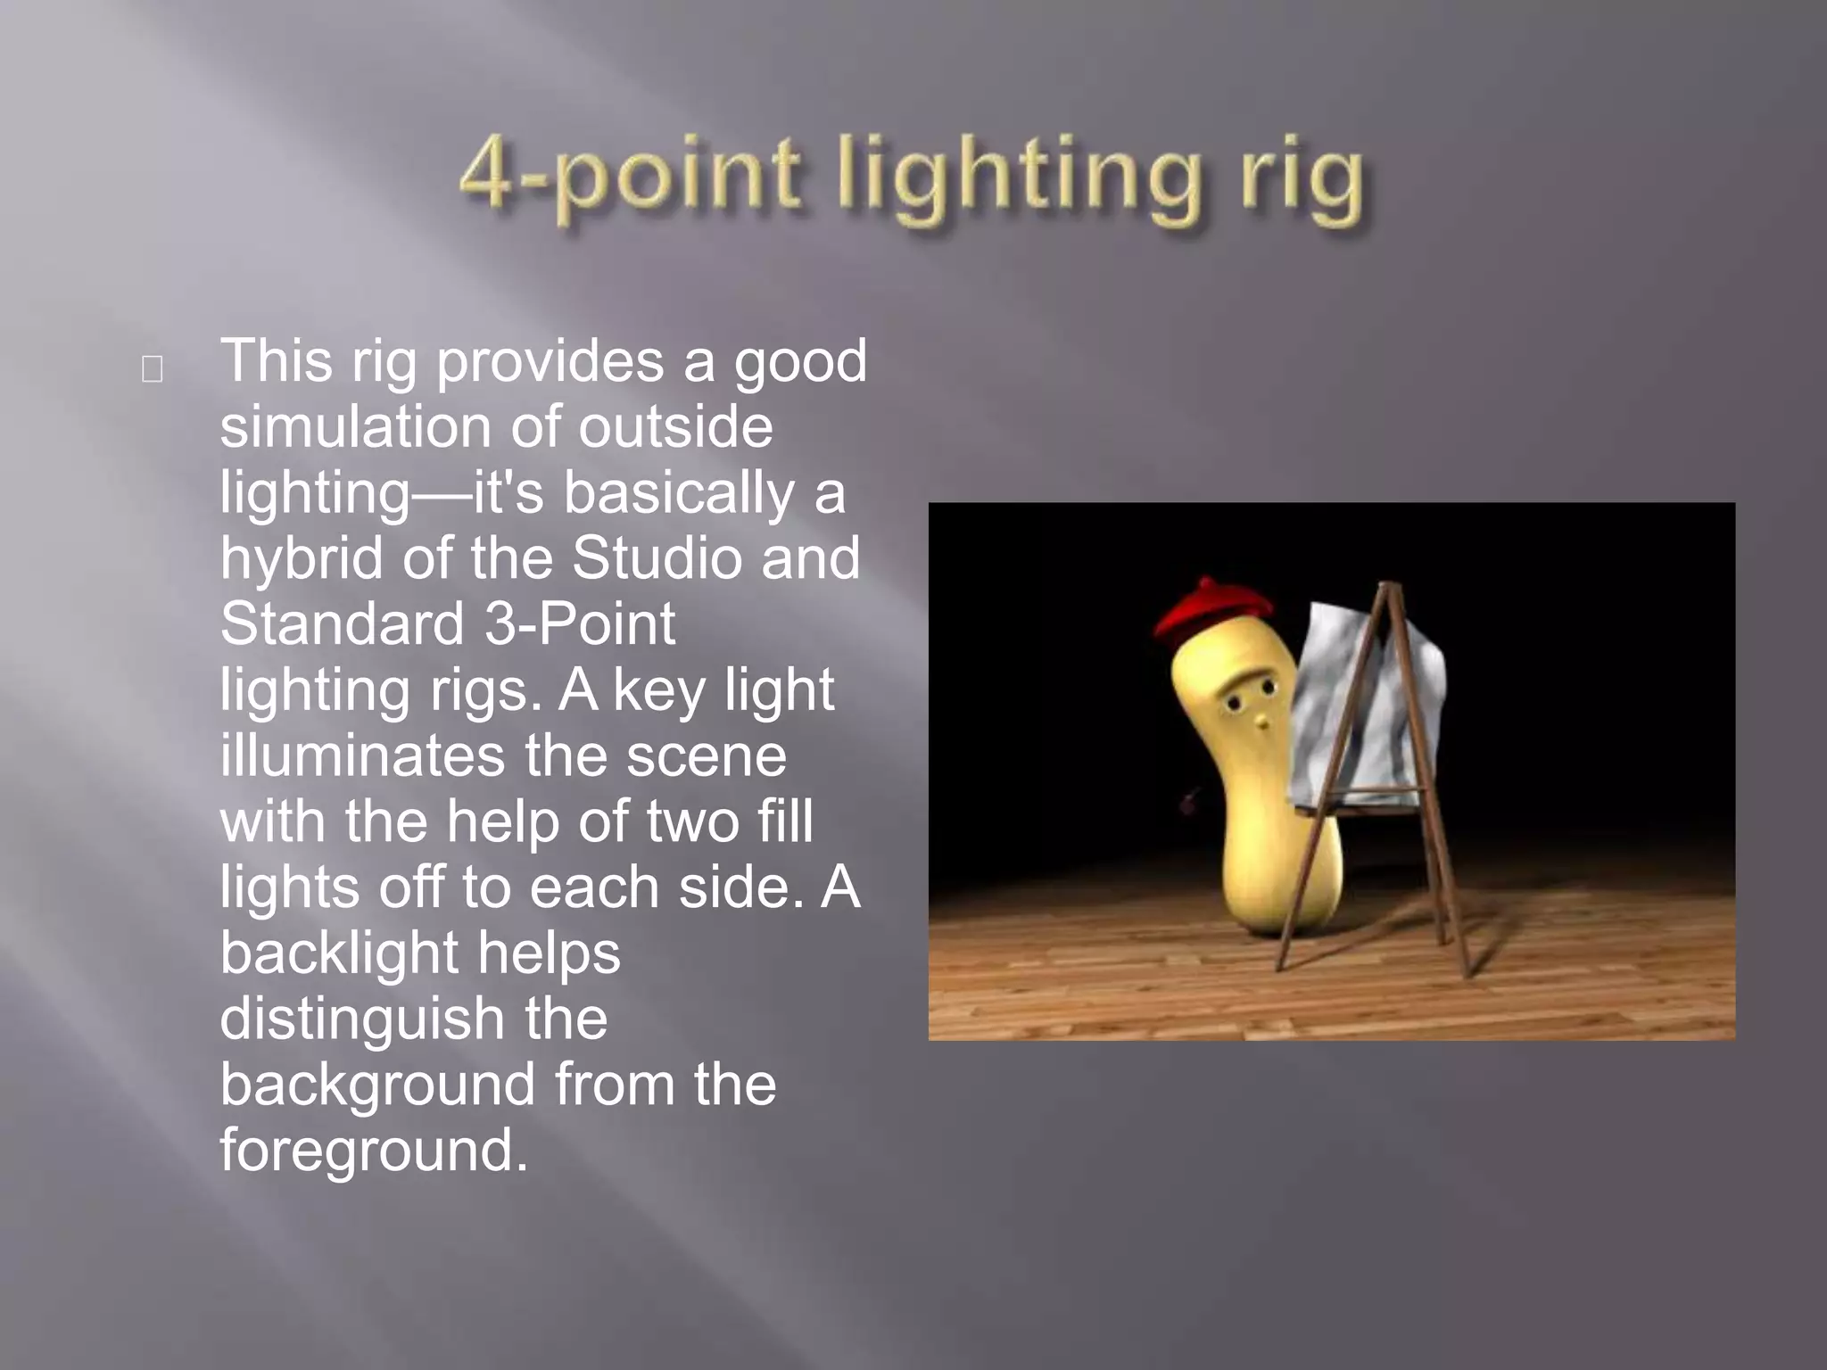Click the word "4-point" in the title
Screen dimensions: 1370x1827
(x=629, y=175)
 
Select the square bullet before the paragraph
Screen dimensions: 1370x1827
(x=152, y=369)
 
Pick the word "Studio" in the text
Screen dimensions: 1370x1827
(x=656, y=557)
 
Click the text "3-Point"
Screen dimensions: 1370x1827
(x=580, y=623)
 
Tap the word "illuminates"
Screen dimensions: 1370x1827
(x=362, y=755)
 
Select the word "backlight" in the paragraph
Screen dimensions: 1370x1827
(x=339, y=953)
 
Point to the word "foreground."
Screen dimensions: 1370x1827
(x=374, y=1151)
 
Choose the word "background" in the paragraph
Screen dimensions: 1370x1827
(x=377, y=1085)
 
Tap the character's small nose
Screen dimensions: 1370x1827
(x=1260, y=720)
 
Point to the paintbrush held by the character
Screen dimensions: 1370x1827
(x=1190, y=803)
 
